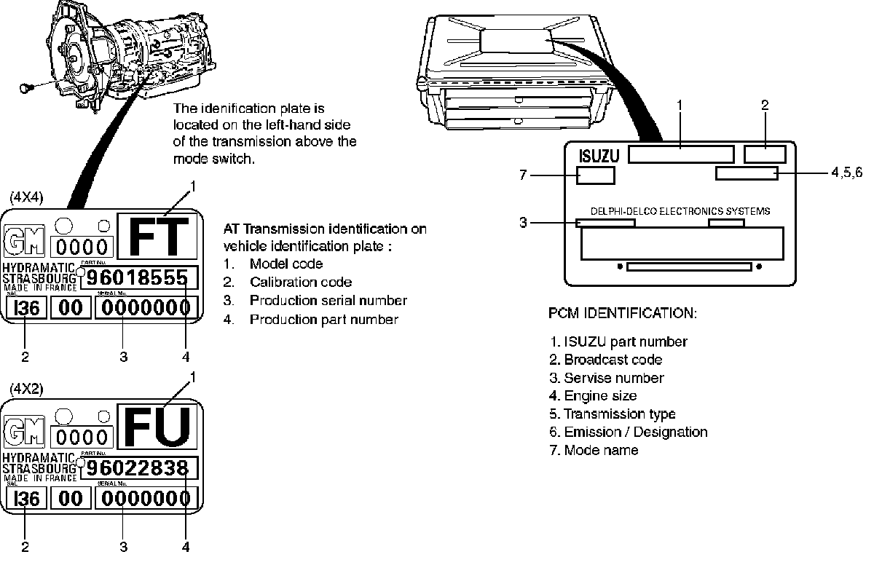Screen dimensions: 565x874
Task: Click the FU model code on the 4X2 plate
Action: [x=159, y=426]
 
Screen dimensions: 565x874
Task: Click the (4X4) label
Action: [x=25, y=197]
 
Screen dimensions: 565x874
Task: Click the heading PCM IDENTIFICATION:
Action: [x=622, y=314]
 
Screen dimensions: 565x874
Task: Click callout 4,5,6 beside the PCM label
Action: [x=846, y=173]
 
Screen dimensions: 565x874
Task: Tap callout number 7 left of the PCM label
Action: [x=523, y=175]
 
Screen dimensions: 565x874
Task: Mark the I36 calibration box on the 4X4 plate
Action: [x=26, y=307]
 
